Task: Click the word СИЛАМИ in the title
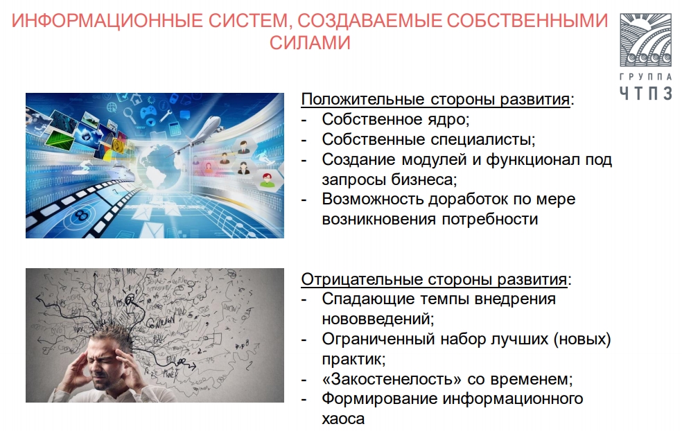pyautogui.click(x=310, y=43)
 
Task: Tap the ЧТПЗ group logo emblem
pyautogui.click(x=645, y=40)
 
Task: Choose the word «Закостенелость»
pyautogui.click(x=392, y=379)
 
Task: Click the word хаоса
pyautogui.click(x=343, y=419)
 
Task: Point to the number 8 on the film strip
pyautogui.click(x=81, y=214)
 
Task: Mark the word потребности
pyautogui.click(x=490, y=219)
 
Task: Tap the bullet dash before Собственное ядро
pyautogui.click(x=304, y=120)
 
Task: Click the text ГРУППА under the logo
pyautogui.click(x=645, y=77)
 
